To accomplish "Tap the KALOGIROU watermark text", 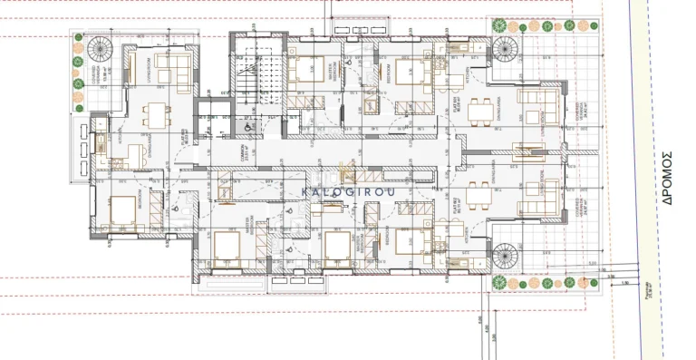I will point(341,191).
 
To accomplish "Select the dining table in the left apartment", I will point(155,113).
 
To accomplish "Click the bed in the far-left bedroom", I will point(122,211).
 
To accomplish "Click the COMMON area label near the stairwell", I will point(243,154).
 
